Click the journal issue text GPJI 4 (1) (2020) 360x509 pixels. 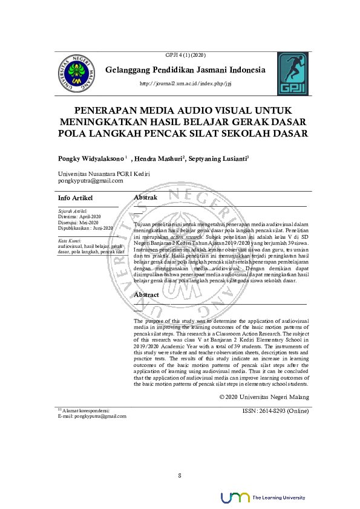(182, 55)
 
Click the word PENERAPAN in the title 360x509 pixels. (106, 111)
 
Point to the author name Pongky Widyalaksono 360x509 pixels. (91, 158)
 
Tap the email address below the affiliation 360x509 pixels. (91, 181)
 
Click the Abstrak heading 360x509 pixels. (145, 198)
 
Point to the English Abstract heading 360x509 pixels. (146, 294)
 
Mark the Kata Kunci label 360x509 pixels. (68, 241)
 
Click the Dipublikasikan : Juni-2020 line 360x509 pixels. (85, 228)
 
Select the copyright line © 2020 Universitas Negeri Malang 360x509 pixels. (264, 397)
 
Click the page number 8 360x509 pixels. (180, 475)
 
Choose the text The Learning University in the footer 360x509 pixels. (278, 498)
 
